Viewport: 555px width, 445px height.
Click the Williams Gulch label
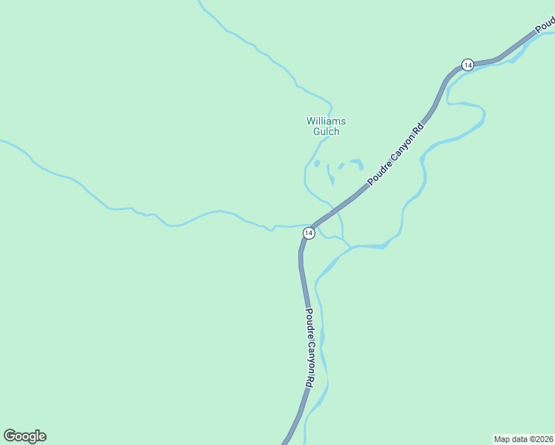[326, 126]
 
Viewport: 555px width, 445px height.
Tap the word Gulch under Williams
[326, 132]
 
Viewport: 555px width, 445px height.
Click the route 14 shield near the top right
[467, 65]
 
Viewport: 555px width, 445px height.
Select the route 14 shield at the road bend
[309, 233]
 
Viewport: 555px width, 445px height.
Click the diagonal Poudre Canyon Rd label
[396, 154]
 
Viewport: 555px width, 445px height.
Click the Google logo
[24, 436]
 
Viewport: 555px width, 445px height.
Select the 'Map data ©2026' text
[524, 438]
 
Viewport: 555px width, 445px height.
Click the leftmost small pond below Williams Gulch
[317, 163]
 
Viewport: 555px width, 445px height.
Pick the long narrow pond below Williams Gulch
[330, 175]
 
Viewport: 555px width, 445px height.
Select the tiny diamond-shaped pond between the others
[341, 165]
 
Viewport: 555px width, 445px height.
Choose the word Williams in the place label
[326, 121]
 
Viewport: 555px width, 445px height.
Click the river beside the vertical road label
[324, 349]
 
